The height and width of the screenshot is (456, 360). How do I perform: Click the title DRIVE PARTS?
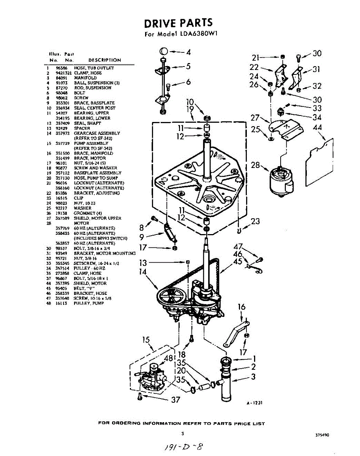pyautogui.click(x=178, y=23)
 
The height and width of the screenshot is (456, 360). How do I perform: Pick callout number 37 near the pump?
pyautogui.click(x=175, y=399)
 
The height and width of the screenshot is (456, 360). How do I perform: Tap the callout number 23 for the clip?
pyautogui.click(x=255, y=221)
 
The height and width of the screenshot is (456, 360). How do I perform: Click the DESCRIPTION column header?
pyautogui.click(x=104, y=60)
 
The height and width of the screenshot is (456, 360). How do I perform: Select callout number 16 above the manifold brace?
pyautogui.click(x=242, y=307)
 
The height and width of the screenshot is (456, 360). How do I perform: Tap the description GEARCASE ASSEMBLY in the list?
pyautogui.click(x=97, y=133)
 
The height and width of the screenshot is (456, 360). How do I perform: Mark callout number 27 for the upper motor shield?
pyautogui.click(x=255, y=118)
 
